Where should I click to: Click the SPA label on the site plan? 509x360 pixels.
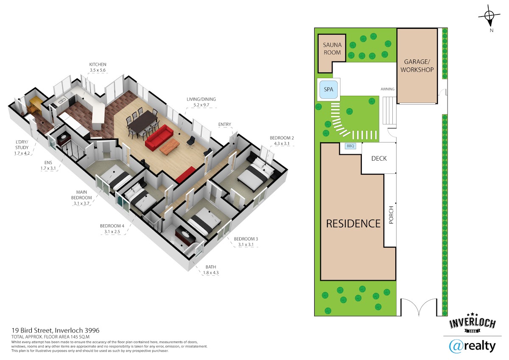point(328,89)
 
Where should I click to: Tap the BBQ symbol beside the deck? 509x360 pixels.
point(350,146)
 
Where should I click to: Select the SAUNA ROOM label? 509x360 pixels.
point(332,49)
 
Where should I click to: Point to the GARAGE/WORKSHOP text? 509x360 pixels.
point(417,66)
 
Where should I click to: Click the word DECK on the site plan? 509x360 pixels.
point(379,159)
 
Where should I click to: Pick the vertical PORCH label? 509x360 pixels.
point(391,215)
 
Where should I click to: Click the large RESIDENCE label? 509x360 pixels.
point(353,224)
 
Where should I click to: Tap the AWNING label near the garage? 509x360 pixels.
point(387,89)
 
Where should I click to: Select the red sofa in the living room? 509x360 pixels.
point(159,139)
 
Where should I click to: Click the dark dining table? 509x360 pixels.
point(143,123)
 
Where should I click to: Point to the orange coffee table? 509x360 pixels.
point(170,146)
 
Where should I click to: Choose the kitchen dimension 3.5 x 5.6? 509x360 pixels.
point(98,70)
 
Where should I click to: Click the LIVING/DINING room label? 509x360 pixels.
point(201,99)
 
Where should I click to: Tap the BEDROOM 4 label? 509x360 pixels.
point(112,226)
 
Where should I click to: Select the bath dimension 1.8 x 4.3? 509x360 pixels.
point(211,273)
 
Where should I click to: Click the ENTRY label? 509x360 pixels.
point(224,125)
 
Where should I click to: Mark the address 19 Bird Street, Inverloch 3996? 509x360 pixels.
point(56,330)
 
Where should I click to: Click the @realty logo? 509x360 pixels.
point(472,346)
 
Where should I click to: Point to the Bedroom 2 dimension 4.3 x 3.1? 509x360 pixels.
point(282,144)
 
